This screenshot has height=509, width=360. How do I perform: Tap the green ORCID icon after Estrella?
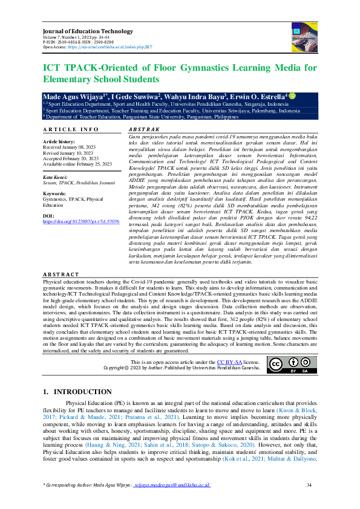293,96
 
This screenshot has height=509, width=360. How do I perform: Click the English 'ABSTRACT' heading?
62,275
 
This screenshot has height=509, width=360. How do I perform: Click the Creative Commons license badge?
283,365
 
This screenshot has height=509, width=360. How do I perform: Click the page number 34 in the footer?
309,485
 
